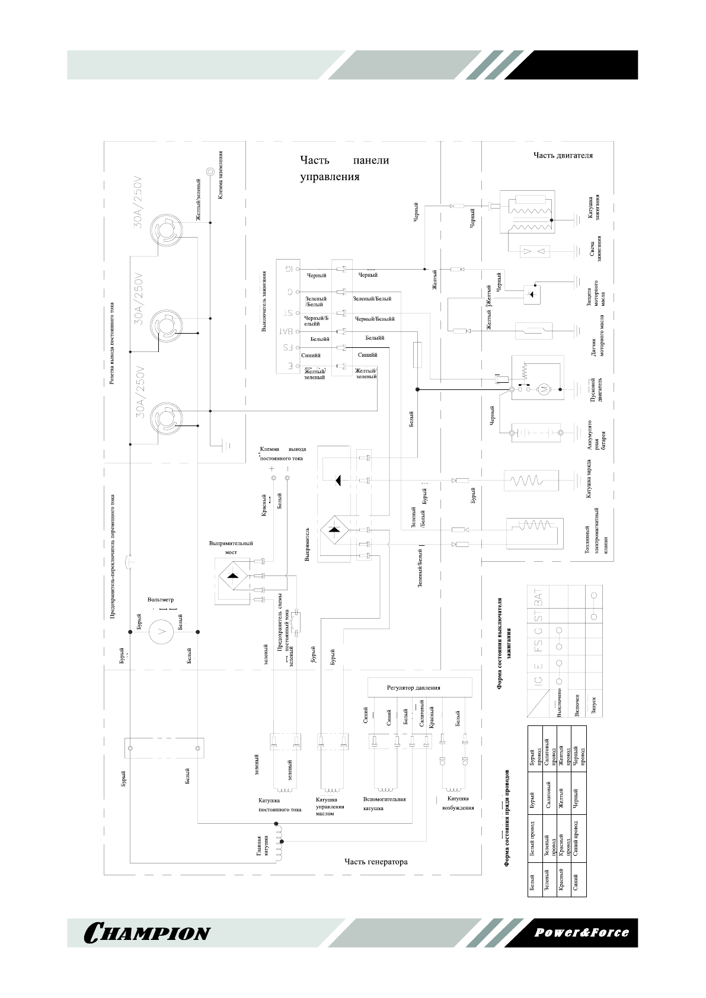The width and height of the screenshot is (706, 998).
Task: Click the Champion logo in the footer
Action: coord(148,933)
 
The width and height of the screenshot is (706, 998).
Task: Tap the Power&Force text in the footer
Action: coord(582,932)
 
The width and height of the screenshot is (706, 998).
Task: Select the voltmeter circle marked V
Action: coord(159,632)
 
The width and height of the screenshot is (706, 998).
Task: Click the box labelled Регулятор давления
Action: coord(420,687)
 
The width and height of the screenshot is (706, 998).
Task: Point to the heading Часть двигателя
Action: coord(563,156)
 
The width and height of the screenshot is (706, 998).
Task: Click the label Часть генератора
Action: coord(376,862)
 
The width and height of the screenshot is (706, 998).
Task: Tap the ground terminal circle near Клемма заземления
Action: coord(210,171)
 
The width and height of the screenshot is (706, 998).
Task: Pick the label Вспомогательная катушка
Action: coord(384,804)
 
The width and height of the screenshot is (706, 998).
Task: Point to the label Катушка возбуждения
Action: coord(458,803)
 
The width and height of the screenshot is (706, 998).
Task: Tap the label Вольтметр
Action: coord(161,600)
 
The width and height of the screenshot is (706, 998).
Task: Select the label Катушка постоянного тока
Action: coord(279,805)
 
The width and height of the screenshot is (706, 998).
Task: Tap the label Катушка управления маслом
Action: coord(330,807)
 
